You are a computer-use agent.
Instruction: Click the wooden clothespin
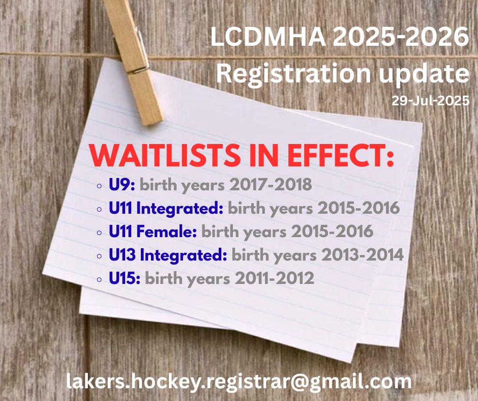(x=134, y=61)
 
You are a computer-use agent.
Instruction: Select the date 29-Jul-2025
(x=430, y=101)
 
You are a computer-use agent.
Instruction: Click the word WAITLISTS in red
(x=165, y=155)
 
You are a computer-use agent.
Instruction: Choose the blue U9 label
(x=122, y=185)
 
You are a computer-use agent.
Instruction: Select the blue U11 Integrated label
(x=166, y=209)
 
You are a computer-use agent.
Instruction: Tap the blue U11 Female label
(x=153, y=232)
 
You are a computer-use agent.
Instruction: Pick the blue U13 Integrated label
(x=168, y=255)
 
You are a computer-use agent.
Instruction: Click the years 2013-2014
(x=363, y=255)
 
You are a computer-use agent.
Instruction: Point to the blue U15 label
(x=125, y=278)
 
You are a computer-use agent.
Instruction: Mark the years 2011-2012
(x=275, y=278)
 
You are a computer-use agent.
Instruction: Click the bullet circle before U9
(x=99, y=186)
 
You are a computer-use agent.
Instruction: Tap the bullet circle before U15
(x=99, y=279)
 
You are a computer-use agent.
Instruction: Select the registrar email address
(x=238, y=382)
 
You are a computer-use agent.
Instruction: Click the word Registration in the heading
(x=293, y=74)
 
